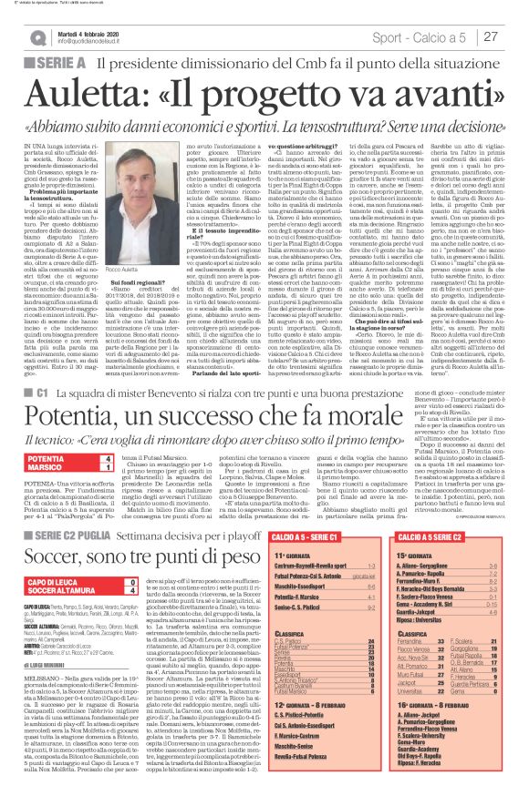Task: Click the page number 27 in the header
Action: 493,36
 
